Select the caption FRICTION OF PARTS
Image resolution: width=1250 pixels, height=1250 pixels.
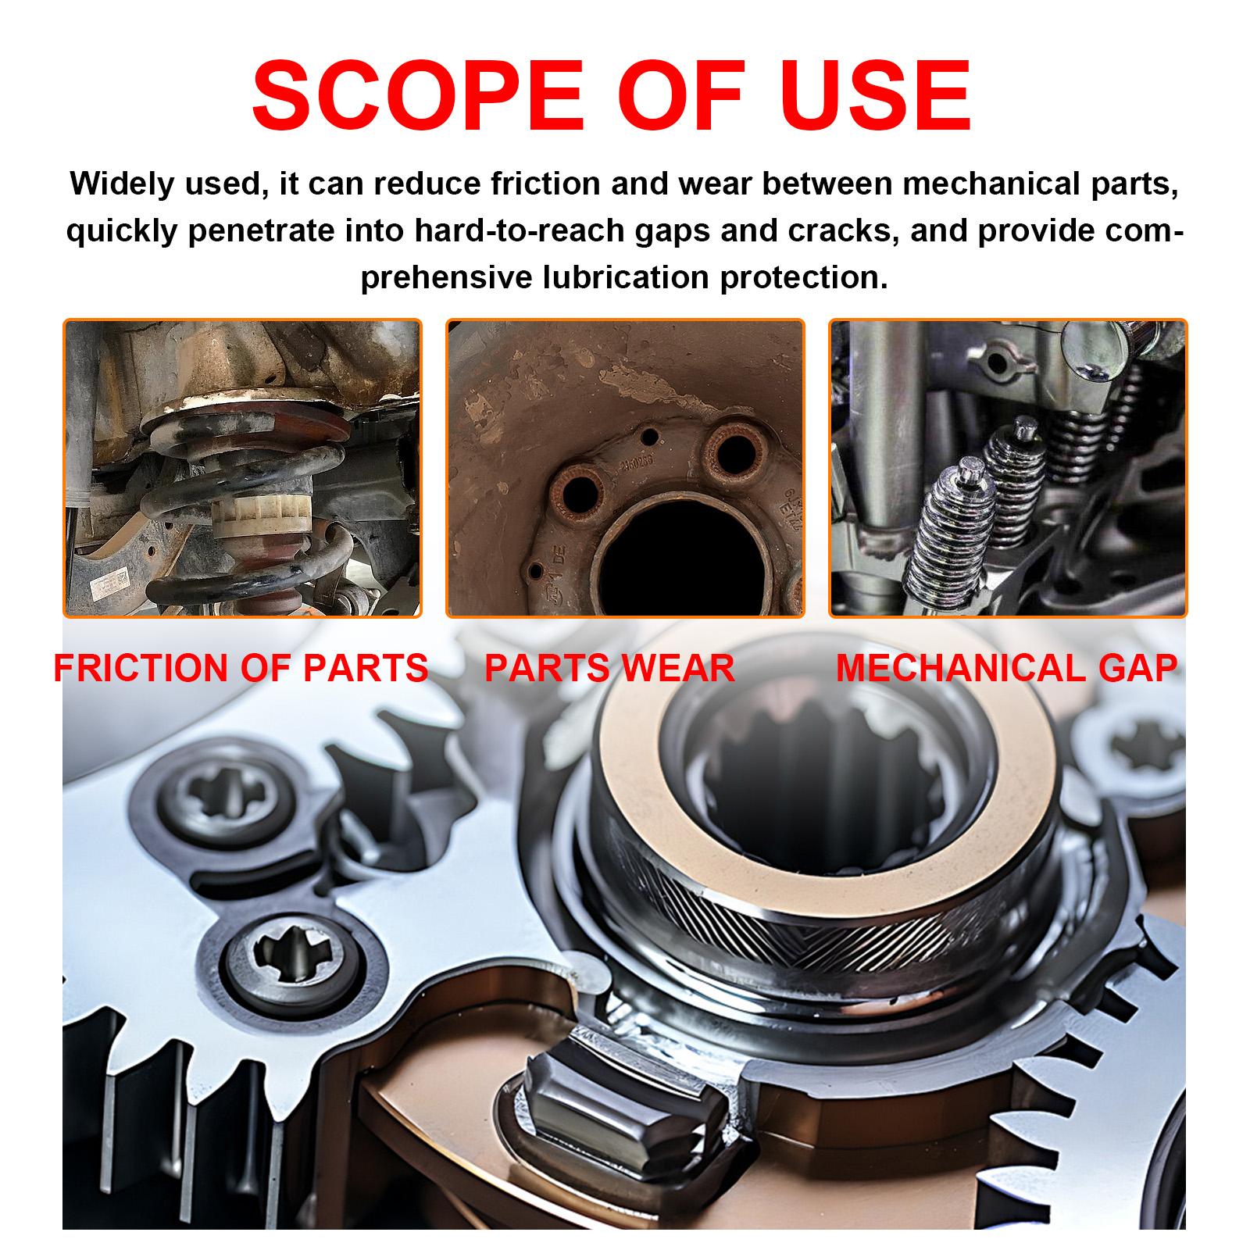(241, 669)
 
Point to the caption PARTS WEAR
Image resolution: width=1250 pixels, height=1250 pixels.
(609, 669)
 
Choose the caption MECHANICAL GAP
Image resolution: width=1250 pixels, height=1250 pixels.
(1007, 669)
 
